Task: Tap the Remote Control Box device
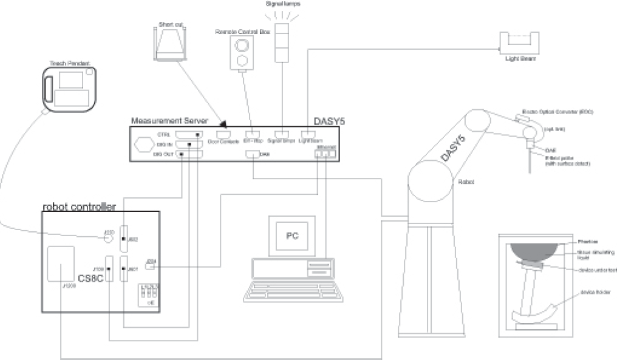click(242, 53)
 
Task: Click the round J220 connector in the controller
click(109, 239)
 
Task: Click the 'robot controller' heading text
click(79, 207)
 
